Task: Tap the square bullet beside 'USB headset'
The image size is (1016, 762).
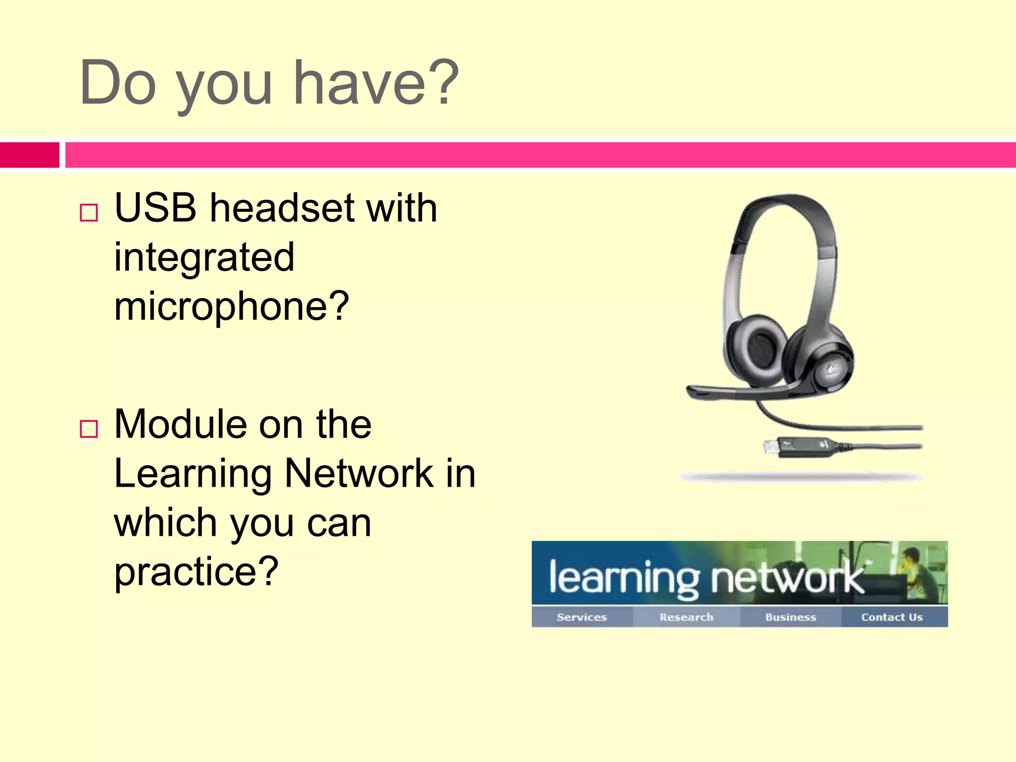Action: pyautogui.click(x=89, y=212)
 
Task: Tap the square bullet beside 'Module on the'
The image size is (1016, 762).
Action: pyautogui.click(x=89, y=429)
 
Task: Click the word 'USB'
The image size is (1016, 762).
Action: pyautogui.click(x=155, y=208)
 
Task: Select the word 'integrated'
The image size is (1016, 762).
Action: pyautogui.click(x=204, y=258)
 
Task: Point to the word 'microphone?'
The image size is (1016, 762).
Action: pyautogui.click(x=232, y=307)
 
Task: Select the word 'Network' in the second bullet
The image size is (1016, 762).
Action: pyautogui.click(x=359, y=474)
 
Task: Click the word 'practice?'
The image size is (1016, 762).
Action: pyautogui.click(x=196, y=571)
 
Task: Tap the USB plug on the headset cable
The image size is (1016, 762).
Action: pyautogui.click(x=772, y=448)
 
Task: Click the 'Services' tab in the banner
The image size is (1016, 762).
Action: pyautogui.click(x=581, y=617)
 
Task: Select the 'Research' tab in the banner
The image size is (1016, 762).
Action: pyautogui.click(x=687, y=617)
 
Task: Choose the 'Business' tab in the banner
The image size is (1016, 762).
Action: pyautogui.click(x=791, y=617)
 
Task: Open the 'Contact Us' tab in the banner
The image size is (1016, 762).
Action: pyautogui.click(x=892, y=617)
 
